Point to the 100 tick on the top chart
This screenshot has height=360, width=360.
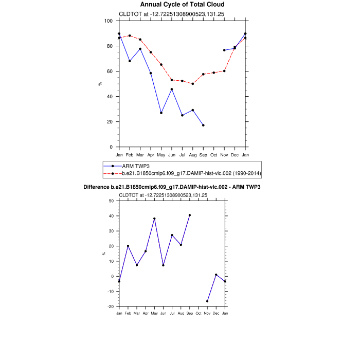point(108,21)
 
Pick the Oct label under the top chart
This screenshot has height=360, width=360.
point(213,155)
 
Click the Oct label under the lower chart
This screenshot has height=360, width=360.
point(199,313)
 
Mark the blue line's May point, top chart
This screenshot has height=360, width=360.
point(161,113)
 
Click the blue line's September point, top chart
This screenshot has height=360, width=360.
point(203,125)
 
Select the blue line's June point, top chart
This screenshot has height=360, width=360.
point(172,89)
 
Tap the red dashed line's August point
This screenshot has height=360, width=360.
point(193,84)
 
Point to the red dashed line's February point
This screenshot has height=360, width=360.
point(130,36)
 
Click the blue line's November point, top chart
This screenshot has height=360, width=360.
point(224,50)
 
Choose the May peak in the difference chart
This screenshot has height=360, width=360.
point(154,219)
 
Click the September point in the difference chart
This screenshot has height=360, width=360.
point(190,215)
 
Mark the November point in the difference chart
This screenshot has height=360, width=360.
point(207,301)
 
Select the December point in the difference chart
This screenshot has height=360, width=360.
point(216,275)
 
